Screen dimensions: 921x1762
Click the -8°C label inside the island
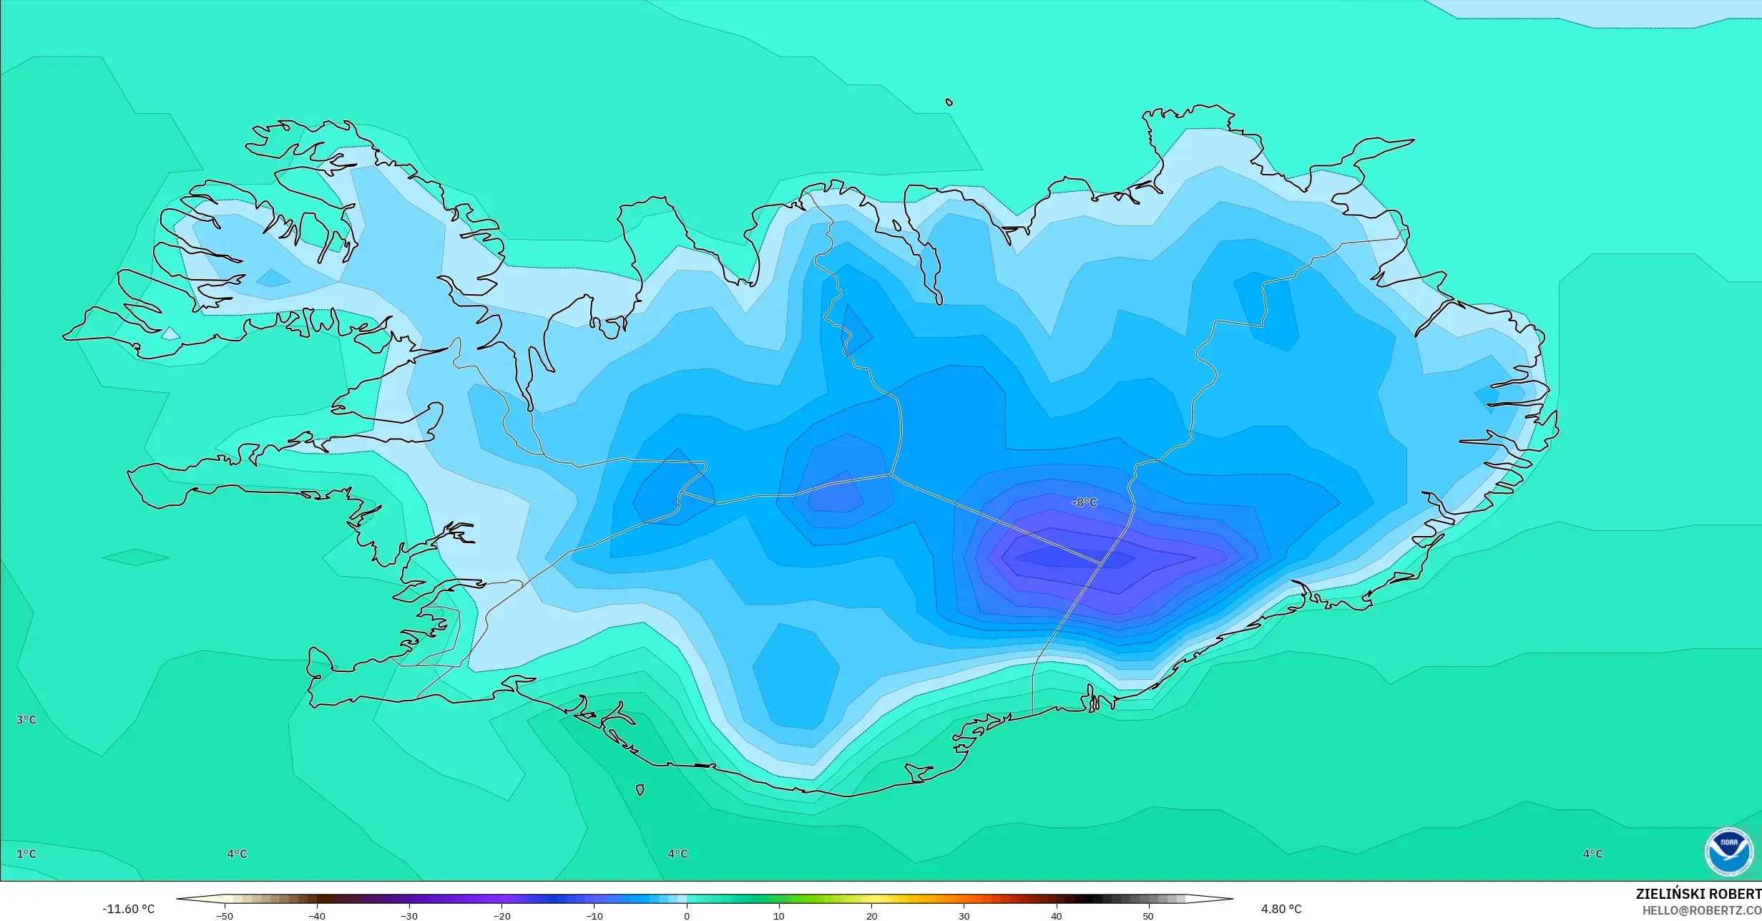(x=1084, y=502)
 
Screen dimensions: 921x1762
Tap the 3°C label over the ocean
(x=26, y=719)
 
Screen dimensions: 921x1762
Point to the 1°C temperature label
(x=26, y=854)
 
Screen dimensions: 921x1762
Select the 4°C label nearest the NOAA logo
(x=1592, y=854)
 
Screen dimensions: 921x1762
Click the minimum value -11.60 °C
(x=128, y=909)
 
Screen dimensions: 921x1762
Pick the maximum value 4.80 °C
(x=1281, y=909)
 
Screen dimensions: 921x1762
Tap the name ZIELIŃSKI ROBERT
(x=1698, y=894)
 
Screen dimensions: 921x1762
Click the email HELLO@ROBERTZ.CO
(x=1701, y=910)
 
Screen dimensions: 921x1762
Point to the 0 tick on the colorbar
(x=687, y=916)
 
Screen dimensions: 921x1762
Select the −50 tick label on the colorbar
(x=224, y=916)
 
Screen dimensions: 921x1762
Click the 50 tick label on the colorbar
(x=1148, y=916)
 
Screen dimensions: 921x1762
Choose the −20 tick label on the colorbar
(x=501, y=916)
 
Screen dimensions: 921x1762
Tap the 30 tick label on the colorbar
(x=964, y=916)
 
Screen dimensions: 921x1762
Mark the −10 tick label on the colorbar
(x=594, y=916)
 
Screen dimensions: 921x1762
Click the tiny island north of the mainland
(x=949, y=102)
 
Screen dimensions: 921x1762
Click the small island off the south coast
(x=640, y=790)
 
